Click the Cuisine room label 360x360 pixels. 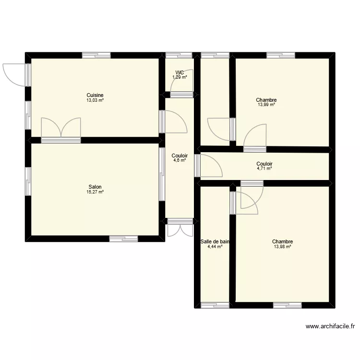pos(95,95)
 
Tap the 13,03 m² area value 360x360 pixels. pos(95,100)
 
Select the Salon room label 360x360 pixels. pos(95,187)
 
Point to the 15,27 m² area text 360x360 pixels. pos(95,192)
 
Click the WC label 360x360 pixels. pos(180,72)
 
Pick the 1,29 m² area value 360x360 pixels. pos(180,77)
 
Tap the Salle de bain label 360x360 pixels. pos(215,242)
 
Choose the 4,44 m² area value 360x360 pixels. pos(215,247)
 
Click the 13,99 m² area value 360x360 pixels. pos(267,105)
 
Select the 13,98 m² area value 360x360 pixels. pos(282,247)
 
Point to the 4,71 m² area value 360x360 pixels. pos(264,169)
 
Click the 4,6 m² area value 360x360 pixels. pos(180,161)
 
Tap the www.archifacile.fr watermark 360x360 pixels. pos(330,327)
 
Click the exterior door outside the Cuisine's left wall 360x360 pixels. pos(13,74)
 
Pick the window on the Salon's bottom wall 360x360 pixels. pos(124,238)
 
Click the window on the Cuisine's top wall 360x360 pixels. pos(96,55)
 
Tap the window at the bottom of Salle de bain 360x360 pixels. pos(215,305)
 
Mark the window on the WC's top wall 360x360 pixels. pos(180,55)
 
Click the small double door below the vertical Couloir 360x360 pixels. pos(180,228)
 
